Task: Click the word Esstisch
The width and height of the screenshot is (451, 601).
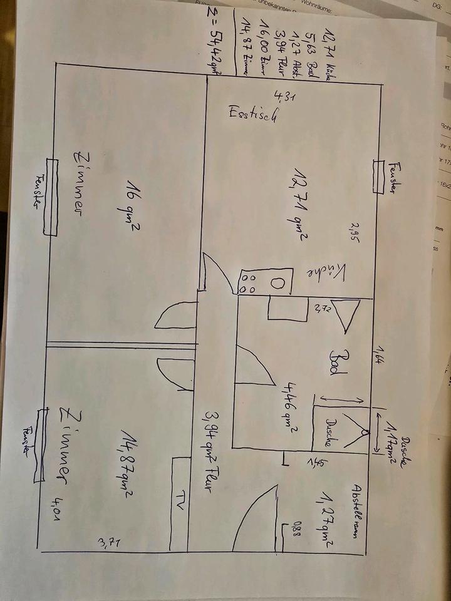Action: [x=253, y=116]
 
